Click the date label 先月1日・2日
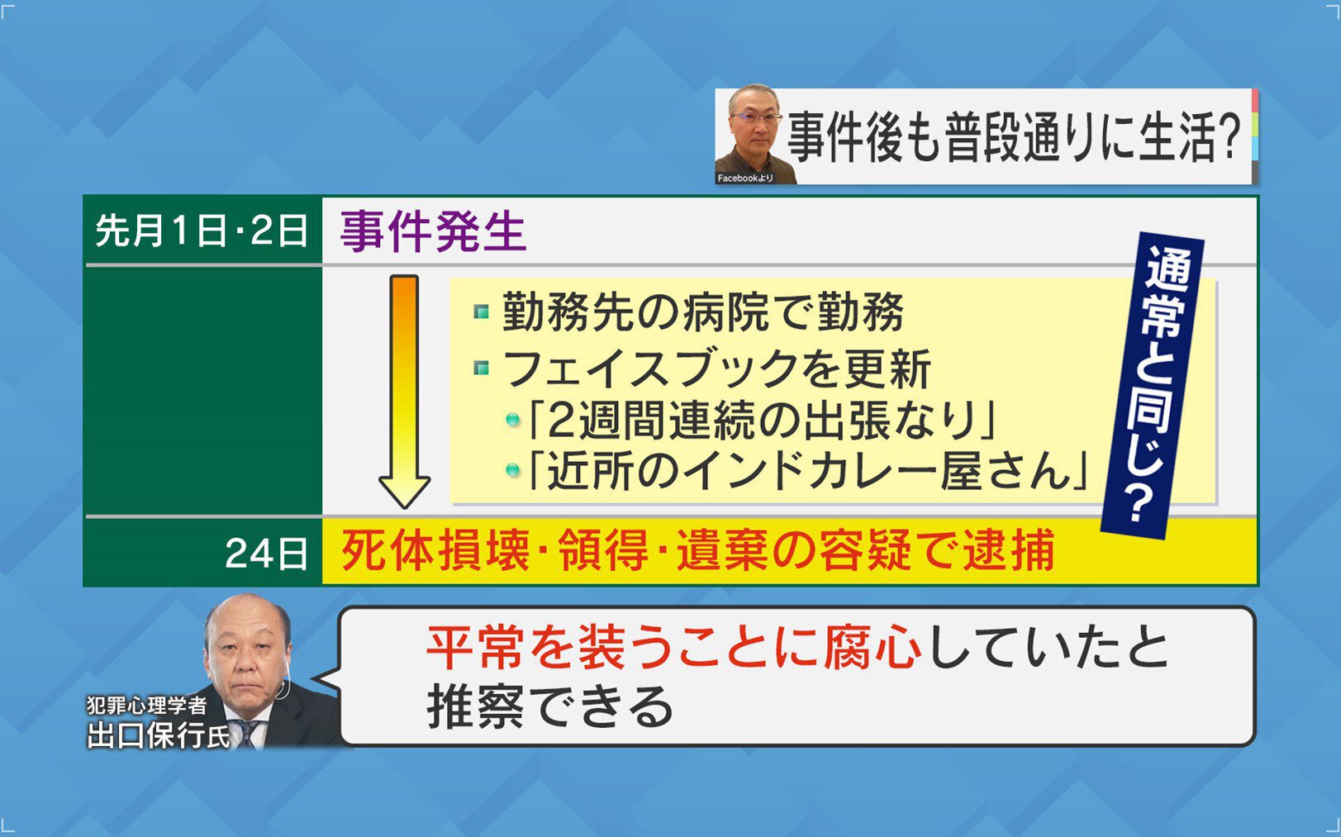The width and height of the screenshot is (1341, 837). (x=201, y=231)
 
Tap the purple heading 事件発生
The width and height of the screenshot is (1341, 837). (x=433, y=231)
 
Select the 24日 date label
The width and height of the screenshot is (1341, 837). (x=266, y=554)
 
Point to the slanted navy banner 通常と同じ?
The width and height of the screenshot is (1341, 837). (x=1153, y=386)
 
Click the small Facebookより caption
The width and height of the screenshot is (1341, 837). (x=745, y=178)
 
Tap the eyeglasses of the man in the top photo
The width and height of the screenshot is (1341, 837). (x=757, y=118)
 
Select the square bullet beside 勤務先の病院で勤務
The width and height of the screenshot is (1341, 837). (x=482, y=312)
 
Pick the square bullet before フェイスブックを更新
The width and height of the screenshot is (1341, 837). (x=482, y=368)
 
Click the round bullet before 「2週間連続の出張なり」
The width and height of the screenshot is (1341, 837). (x=512, y=420)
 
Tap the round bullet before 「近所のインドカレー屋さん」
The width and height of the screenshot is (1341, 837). (x=512, y=470)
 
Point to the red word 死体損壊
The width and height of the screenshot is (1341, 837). (x=435, y=551)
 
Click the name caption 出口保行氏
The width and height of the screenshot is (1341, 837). (x=159, y=735)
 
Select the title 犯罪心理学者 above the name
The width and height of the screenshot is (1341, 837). (x=147, y=706)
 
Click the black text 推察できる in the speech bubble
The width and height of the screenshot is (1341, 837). (x=550, y=707)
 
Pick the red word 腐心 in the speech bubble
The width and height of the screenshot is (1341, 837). (x=873, y=648)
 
